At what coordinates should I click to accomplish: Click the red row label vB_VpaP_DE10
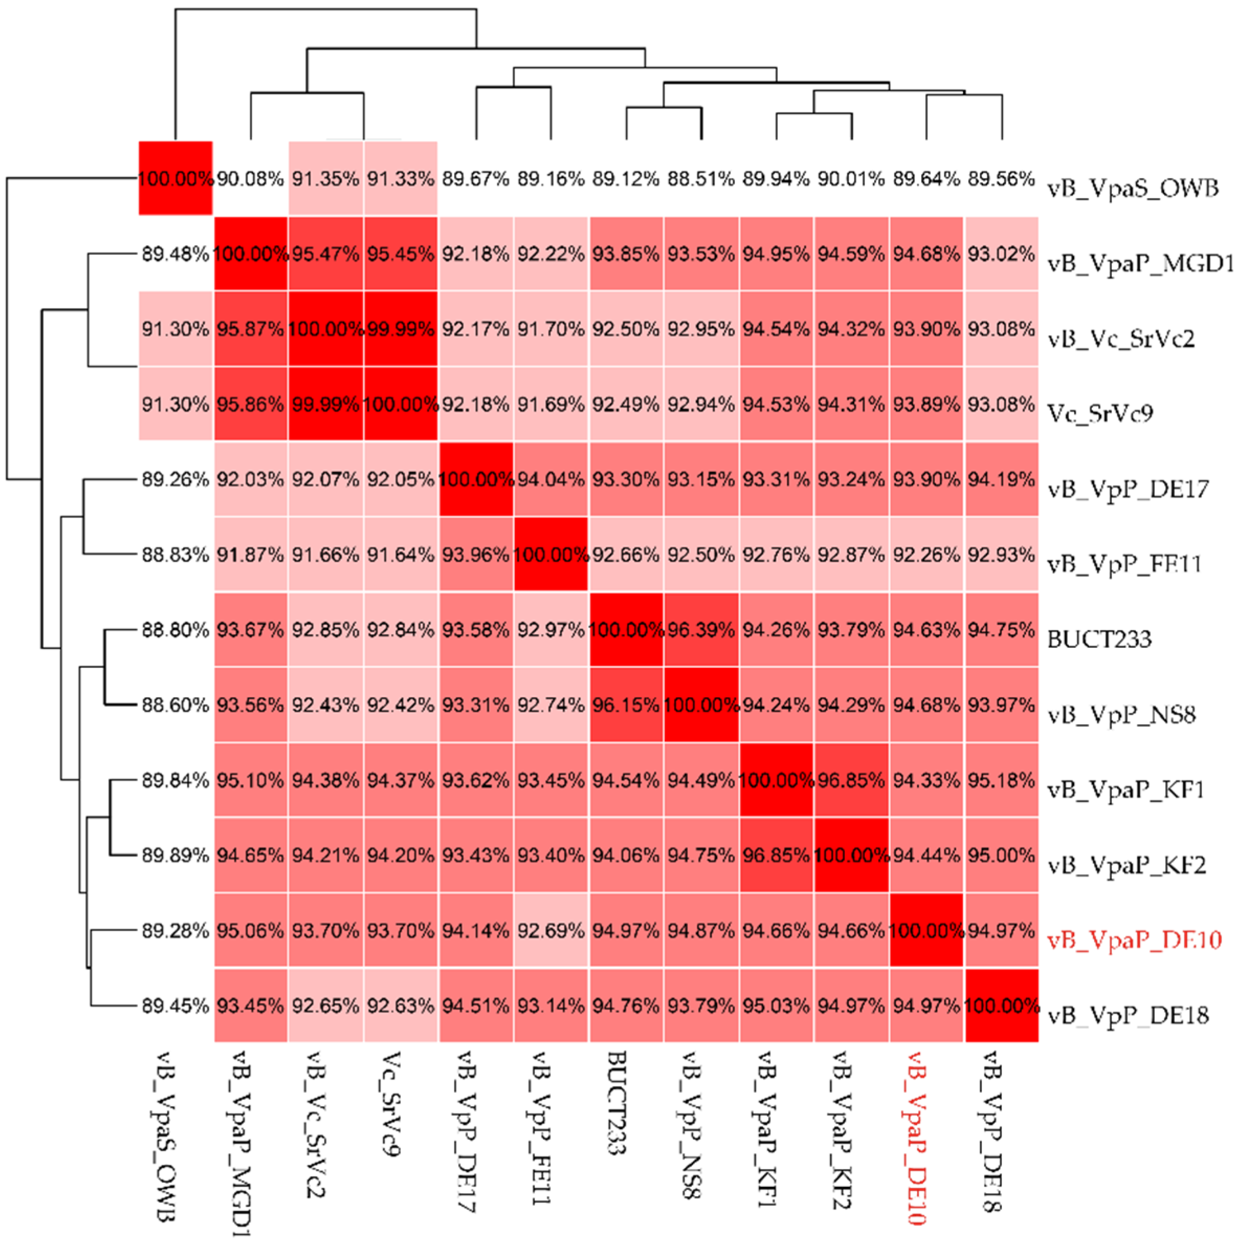1134,940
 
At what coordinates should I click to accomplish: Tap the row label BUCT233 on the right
1099,638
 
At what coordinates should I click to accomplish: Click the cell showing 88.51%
701,179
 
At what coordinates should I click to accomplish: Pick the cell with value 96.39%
701,630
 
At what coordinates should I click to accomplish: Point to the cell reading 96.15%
626,705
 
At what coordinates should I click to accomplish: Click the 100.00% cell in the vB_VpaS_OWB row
175,179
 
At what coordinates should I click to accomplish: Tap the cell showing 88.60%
175,705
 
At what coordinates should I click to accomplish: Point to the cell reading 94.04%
551,479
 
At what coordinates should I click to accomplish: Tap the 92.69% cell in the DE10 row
551,931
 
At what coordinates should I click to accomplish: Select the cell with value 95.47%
325,254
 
